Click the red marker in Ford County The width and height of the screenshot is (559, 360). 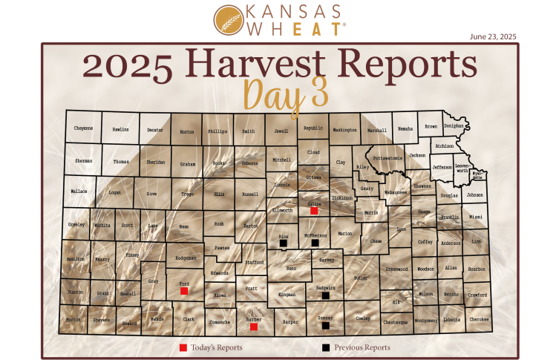(184, 291)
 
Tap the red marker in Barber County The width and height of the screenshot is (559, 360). (254, 327)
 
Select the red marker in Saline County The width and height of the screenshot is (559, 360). (314, 212)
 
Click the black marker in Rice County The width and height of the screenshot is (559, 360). (284, 243)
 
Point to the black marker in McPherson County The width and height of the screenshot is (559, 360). (315, 242)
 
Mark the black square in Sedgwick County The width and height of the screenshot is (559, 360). (325, 295)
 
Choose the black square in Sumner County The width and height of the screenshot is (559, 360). (325, 325)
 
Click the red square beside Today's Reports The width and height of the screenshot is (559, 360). (183, 347)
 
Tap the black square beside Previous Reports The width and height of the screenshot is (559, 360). (325, 347)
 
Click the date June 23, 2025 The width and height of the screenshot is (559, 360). (493, 36)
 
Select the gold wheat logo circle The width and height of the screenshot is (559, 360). (227, 20)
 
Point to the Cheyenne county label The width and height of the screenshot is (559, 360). (84, 128)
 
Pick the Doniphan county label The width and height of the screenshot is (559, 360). (454, 126)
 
